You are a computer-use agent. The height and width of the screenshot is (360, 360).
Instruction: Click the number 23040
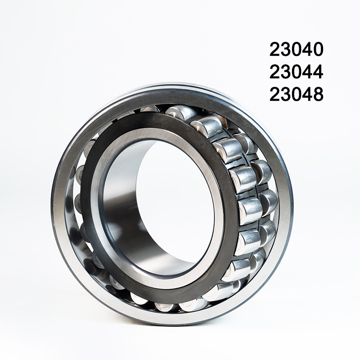click(x=297, y=49)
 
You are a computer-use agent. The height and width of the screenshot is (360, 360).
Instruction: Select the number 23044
click(x=297, y=72)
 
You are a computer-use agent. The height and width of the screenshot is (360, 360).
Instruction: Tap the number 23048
click(x=297, y=94)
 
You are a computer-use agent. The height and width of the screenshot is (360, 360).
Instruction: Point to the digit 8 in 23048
click(x=318, y=94)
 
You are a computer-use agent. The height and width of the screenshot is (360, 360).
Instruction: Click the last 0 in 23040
click(x=318, y=49)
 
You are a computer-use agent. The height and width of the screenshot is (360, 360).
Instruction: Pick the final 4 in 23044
click(x=318, y=72)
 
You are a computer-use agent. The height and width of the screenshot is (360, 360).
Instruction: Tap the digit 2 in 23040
click(x=274, y=49)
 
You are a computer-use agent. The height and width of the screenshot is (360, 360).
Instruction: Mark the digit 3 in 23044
click(x=285, y=72)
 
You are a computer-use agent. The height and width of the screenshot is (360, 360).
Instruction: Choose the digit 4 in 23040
click(x=307, y=49)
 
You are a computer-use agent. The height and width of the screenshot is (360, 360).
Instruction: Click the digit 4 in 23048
click(x=307, y=94)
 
